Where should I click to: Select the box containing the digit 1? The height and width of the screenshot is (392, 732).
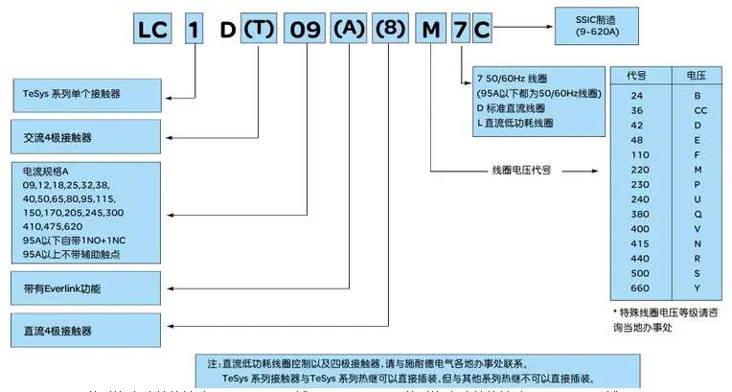195,30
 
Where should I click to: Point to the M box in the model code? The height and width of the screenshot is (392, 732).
432,30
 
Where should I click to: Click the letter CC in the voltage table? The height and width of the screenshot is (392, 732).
697,109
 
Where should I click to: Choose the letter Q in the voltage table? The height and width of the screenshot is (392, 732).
697,214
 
